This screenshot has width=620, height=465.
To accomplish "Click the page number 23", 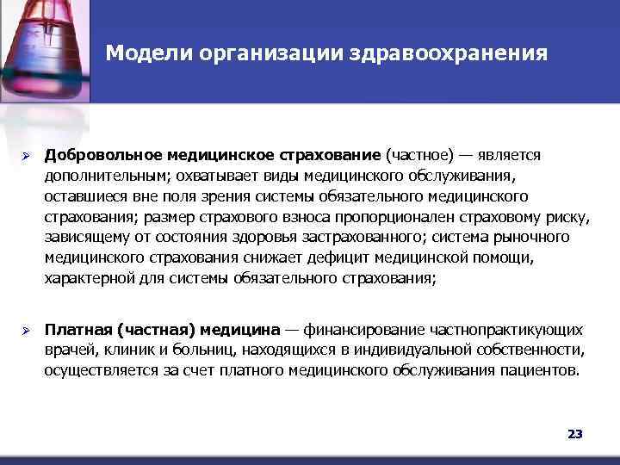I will [x=575, y=434].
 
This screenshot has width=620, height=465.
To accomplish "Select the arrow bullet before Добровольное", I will [x=27, y=156].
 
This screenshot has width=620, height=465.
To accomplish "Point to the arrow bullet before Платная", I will [x=27, y=332].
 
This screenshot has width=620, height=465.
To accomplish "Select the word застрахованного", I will [x=352, y=238].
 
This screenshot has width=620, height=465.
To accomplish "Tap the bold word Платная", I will [x=77, y=332].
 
